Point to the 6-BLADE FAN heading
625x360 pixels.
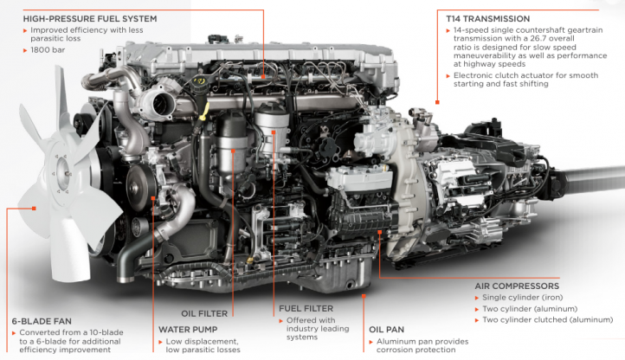(x=42, y=320)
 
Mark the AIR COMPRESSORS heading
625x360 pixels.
(x=517, y=286)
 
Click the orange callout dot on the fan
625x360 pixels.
(x=35, y=208)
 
